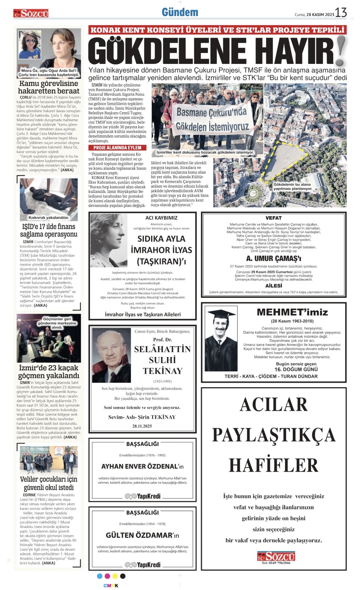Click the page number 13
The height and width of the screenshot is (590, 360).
[341, 13]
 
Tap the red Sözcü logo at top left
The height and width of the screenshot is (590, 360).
[31, 13]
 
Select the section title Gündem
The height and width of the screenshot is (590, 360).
[180, 12]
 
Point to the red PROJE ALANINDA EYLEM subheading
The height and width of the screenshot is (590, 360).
[117, 148]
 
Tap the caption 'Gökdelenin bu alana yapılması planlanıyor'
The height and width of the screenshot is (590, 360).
[292, 186]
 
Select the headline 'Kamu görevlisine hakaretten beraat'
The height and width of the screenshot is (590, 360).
[49, 87]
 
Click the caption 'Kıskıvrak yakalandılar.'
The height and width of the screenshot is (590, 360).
[49, 217]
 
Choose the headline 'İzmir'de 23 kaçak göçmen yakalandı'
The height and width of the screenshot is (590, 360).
[49, 371]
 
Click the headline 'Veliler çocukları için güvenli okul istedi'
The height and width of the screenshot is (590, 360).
[49, 483]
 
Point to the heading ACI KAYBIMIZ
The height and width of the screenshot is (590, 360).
[161, 218]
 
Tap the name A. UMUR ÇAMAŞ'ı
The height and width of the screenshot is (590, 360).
[273, 258]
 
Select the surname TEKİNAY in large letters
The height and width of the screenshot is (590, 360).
[162, 371]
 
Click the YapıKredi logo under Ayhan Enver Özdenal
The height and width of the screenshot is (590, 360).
[143, 496]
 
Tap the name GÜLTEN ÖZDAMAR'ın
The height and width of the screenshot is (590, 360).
[142, 535]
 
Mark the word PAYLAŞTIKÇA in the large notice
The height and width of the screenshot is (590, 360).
[273, 435]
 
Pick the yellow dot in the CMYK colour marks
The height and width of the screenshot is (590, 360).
[115, 576]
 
